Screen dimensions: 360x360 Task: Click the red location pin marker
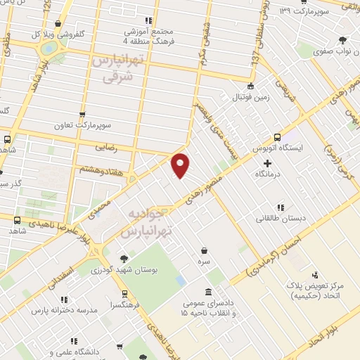(181, 165)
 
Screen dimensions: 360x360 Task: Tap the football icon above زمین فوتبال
(251, 85)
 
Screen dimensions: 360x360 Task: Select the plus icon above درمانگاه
(266, 162)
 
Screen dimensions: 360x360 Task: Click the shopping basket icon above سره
(204, 250)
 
